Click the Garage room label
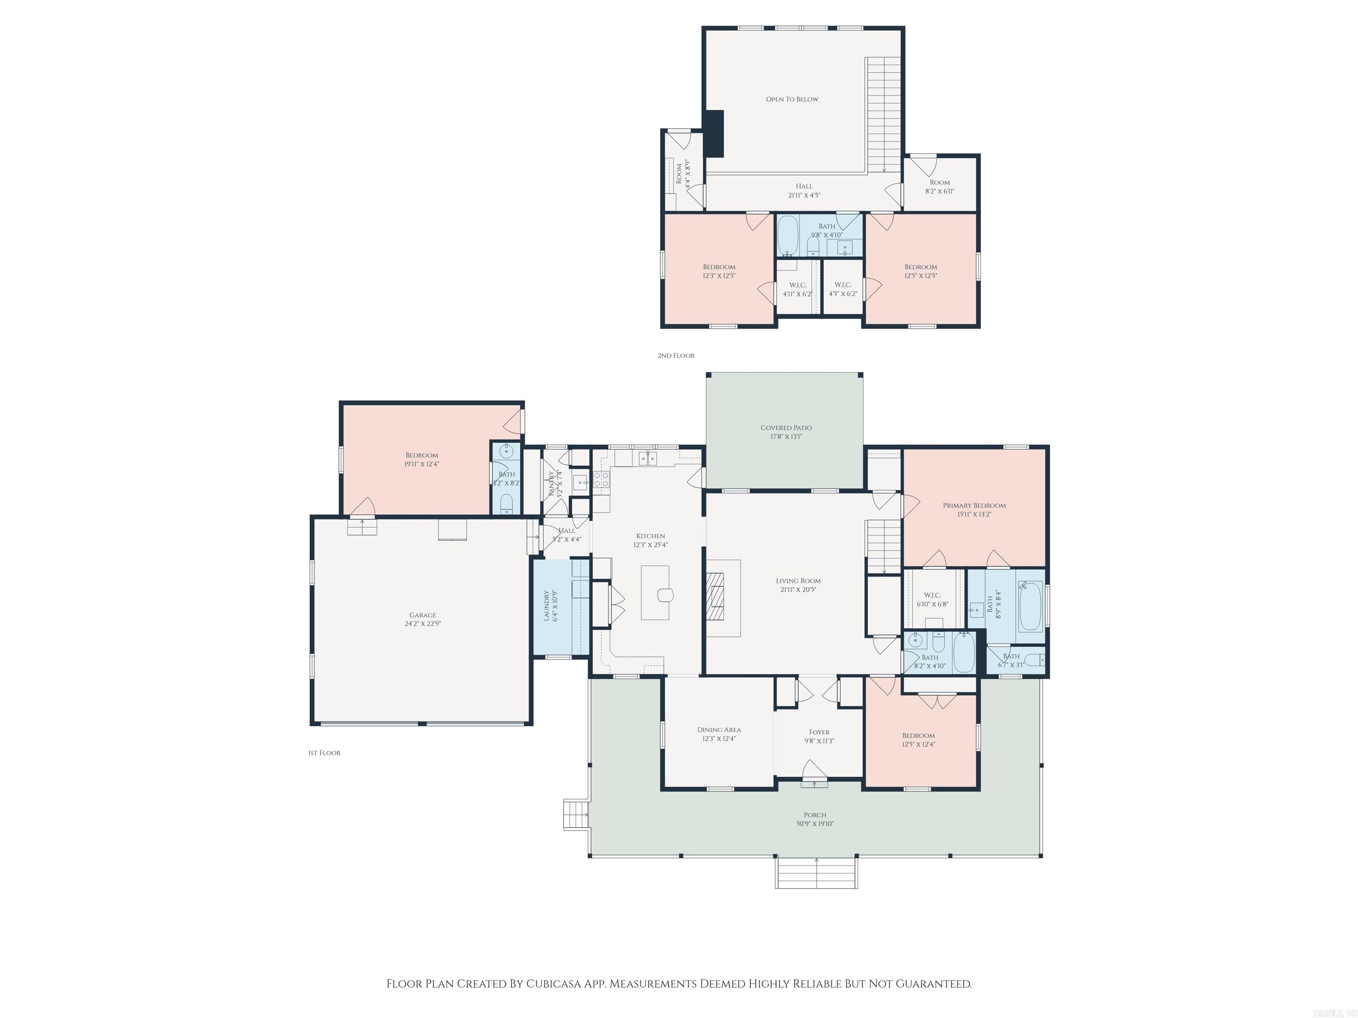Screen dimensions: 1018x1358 (x=422, y=615)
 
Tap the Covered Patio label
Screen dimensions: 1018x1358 (x=786, y=428)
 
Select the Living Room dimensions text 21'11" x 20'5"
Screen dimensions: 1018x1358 (x=797, y=590)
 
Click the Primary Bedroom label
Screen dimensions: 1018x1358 (x=974, y=505)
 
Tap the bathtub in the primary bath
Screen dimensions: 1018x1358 (x=1030, y=606)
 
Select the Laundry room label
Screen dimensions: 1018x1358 (x=547, y=606)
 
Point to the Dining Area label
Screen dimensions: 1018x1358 (x=719, y=729)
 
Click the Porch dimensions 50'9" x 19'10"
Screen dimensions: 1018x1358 (x=815, y=824)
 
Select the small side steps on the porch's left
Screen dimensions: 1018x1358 (x=576, y=814)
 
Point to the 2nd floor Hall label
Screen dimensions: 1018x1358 (x=804, y=186)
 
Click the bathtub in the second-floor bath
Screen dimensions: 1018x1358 (x=787, y=236)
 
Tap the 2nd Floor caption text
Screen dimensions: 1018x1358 (x=676, y=355)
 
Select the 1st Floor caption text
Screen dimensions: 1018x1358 (x=324, y=753)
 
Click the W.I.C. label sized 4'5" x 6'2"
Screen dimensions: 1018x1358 (x=843, y=285)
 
